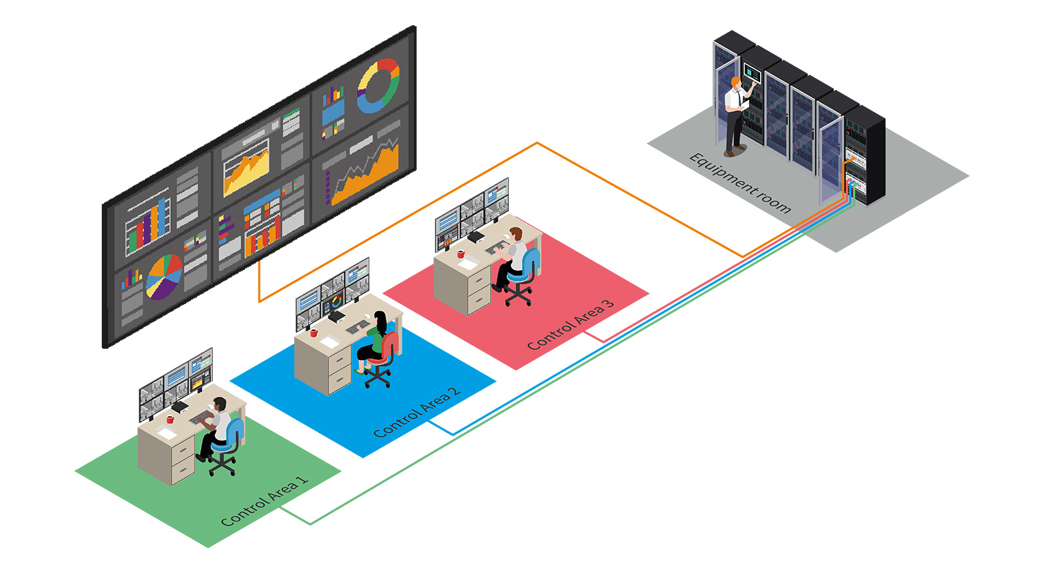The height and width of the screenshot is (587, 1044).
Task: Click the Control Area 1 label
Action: click(264, 502)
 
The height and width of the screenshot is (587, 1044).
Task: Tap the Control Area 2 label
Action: click(417, 413)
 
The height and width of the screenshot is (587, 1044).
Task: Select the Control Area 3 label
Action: click(570, 325)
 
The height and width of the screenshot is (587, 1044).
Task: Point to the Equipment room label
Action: click(740, 183)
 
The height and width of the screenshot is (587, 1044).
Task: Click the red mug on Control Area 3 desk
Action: click(461, 254)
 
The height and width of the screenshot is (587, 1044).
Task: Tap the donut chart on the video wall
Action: click(378, 85)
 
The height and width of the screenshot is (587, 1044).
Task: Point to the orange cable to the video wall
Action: click(536, 143)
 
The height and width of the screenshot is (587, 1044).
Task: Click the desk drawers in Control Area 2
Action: click(339, 369)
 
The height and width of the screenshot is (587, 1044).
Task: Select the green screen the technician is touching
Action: click(751, 71)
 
